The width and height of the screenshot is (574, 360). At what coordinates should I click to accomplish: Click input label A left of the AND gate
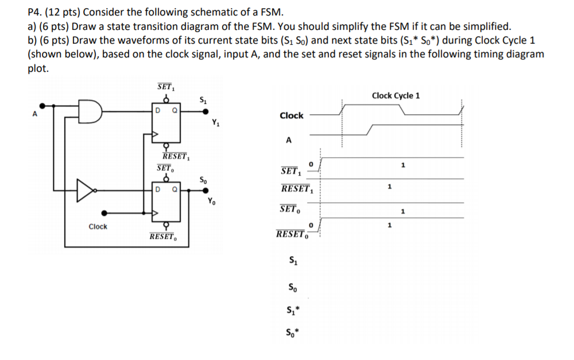35,114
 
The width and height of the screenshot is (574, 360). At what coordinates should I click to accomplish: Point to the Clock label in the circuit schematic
98,227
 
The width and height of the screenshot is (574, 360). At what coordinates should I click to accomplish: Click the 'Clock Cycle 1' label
395,95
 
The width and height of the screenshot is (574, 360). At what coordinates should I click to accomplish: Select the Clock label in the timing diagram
291,115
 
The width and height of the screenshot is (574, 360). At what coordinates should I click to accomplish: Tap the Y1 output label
215,122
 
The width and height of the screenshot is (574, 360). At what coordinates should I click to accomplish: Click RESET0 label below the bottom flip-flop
163,236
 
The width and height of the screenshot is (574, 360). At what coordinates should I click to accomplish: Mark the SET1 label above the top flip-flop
166,87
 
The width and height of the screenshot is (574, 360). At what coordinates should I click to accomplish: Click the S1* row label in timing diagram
293,312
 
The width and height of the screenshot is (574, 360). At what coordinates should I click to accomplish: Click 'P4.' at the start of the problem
36,12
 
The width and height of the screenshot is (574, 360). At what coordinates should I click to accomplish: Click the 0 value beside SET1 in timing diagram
311,165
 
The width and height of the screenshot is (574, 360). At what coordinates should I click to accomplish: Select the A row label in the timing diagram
289,140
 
